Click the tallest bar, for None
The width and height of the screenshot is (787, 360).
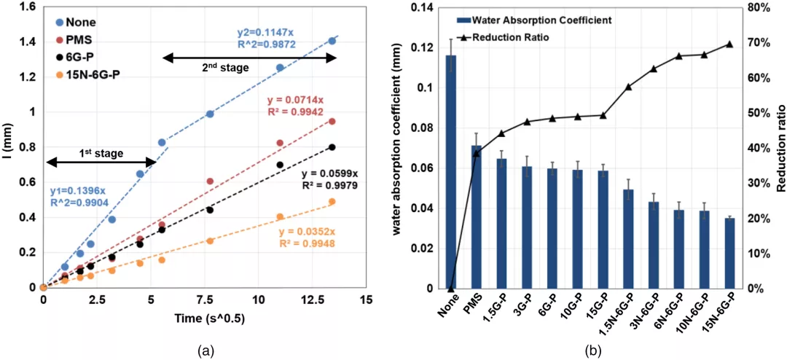coord(451,171)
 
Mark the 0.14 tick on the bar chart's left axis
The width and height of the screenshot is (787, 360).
coord(423,9)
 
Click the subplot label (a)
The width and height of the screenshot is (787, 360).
coord(205,351)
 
